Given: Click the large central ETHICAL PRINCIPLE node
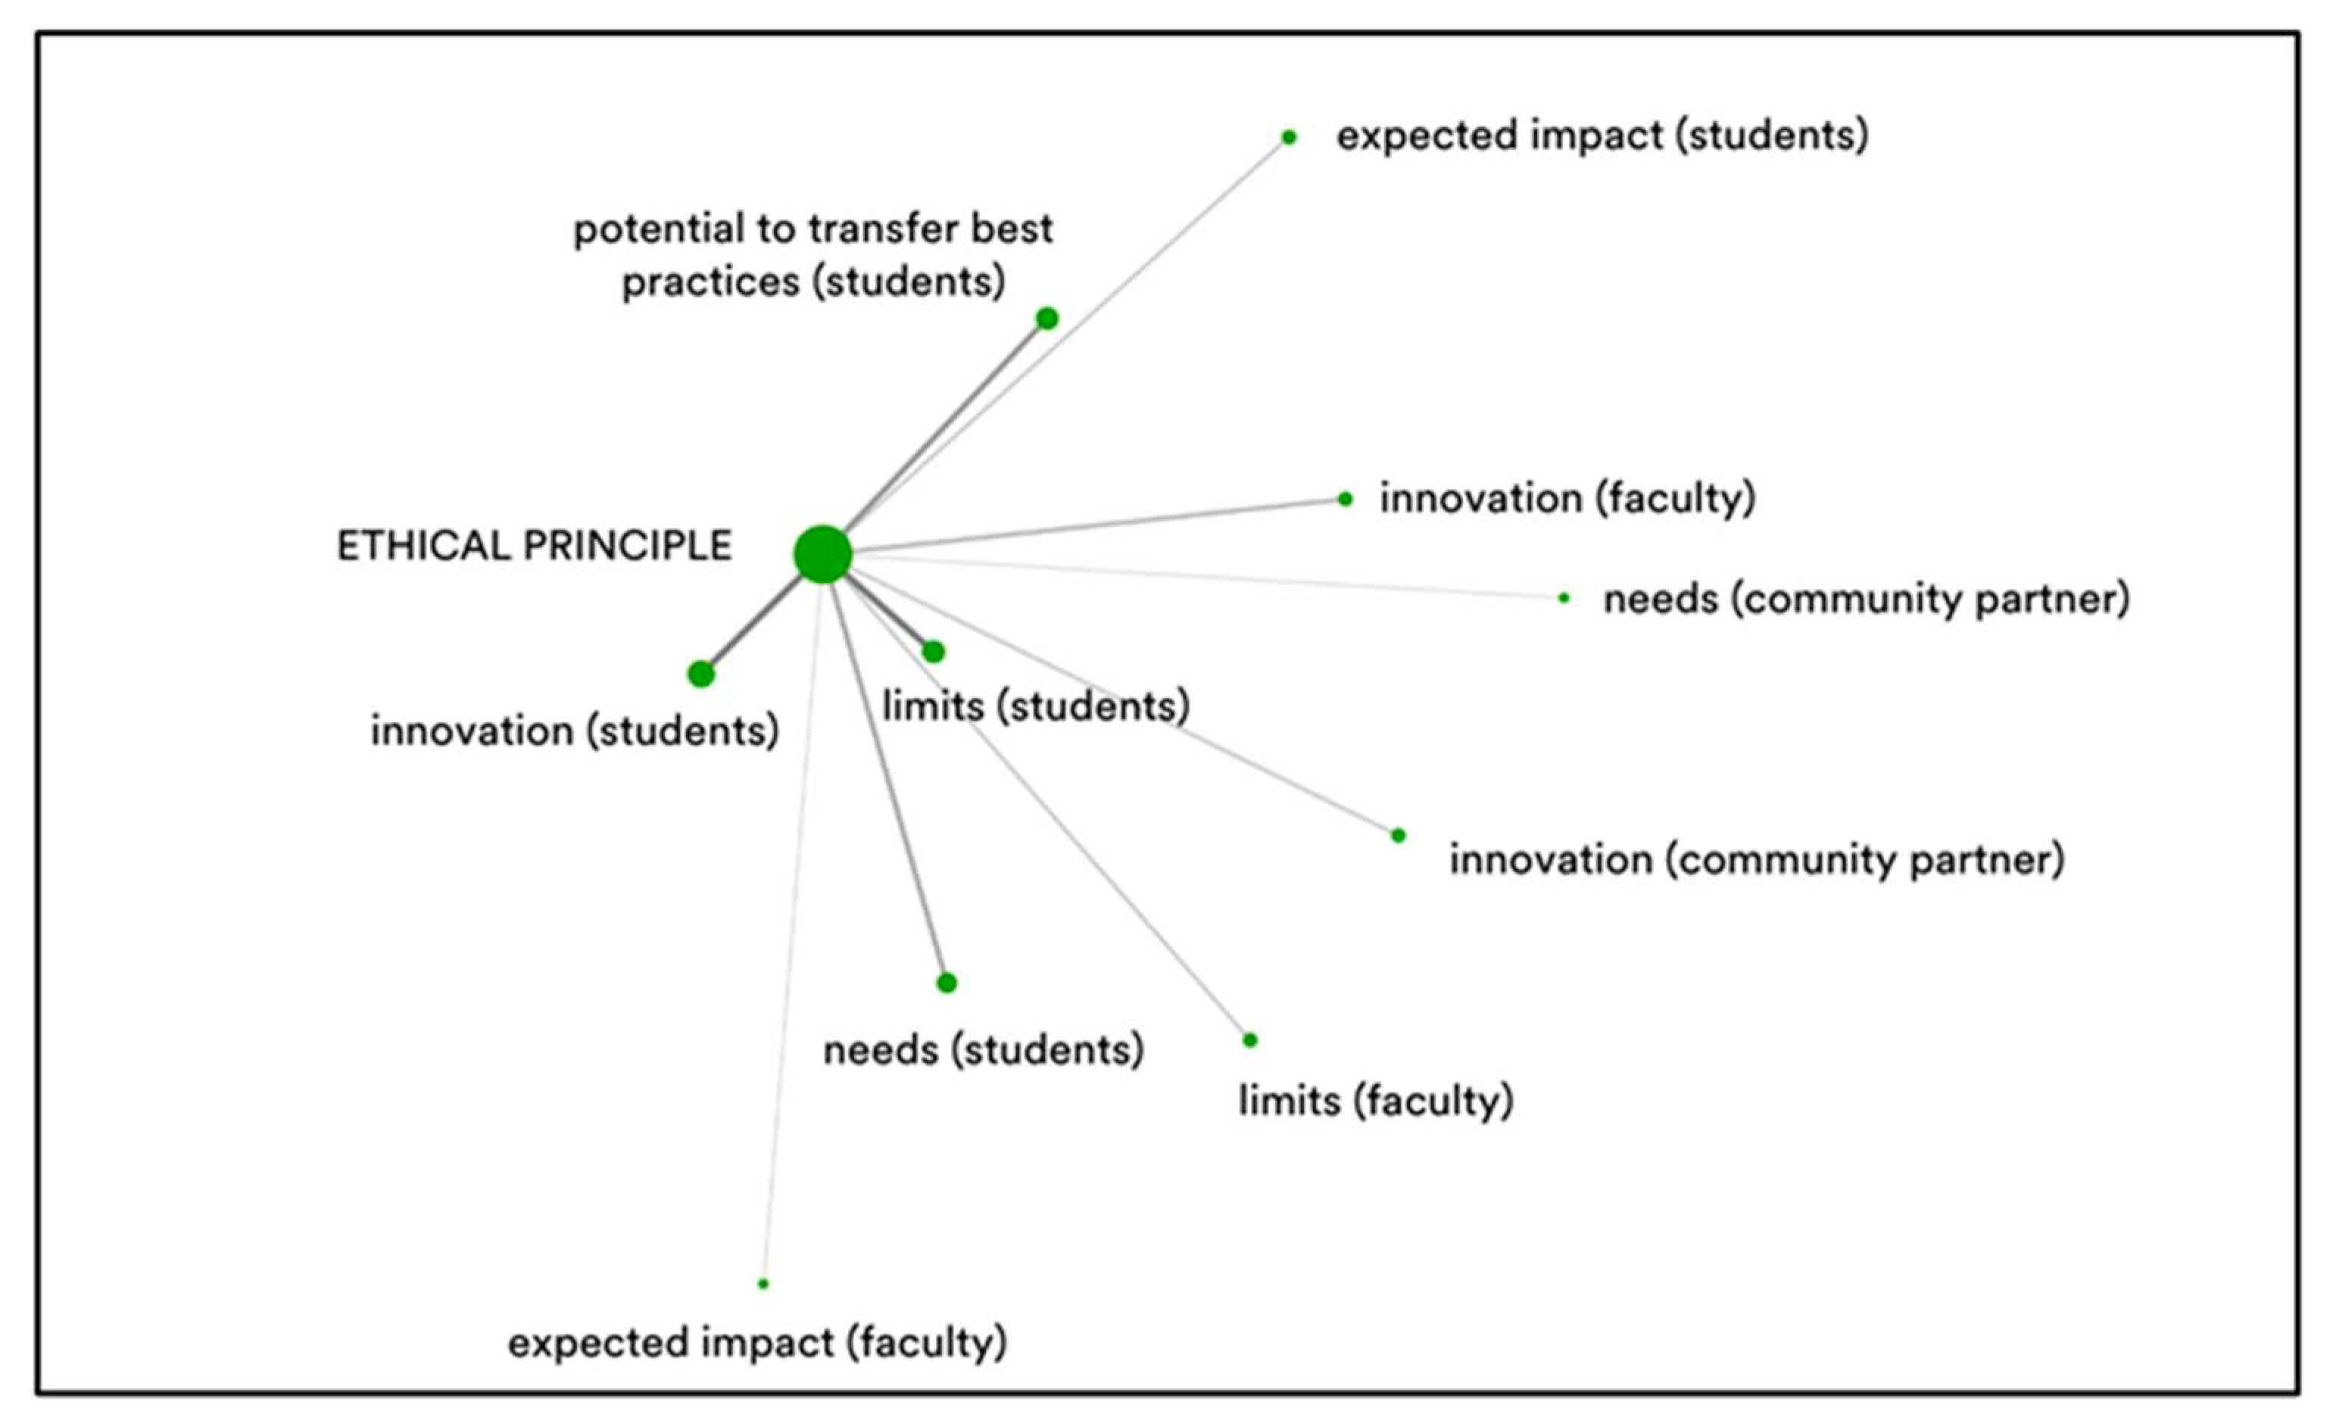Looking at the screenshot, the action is coord(823,554).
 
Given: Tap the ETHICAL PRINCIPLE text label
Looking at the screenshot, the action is coord(534,547).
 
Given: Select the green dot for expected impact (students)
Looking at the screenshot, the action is coord(1289,137).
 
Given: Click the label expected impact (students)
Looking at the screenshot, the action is coord(1602,136).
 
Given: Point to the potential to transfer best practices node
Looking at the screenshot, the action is coord(1046,318).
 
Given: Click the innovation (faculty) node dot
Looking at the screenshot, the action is coord(1346,499).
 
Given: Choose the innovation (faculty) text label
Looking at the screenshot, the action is coord(1567,499).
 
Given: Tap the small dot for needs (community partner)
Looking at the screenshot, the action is coord(1564,597).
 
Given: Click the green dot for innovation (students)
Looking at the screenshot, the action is coord(700,674).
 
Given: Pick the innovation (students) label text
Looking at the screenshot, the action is coord(575,731).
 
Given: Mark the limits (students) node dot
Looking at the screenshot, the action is coord(934,651).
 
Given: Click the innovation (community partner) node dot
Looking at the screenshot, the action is coord(1399,835).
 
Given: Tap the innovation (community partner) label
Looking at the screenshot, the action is coord(1757,860).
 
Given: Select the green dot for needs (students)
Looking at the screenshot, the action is coord(947,983).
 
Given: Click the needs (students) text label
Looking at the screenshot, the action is coord(984,1050).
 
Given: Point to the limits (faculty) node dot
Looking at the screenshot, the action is coord(1250,1039).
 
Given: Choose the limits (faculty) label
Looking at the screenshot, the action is coord(1376,1100).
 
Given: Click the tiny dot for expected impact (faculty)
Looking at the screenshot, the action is coord(763,1284).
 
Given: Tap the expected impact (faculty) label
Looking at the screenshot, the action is coord(756,1342).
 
